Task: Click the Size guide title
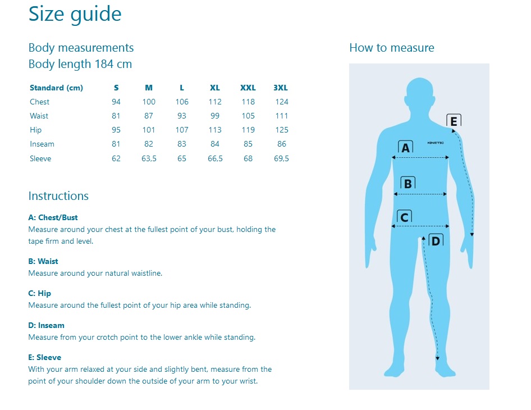(75, 14)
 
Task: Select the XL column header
(215, 88)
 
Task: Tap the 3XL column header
(281, 88)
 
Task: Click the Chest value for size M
(149, 102)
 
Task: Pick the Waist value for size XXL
(248, 116)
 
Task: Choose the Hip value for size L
(182, 130)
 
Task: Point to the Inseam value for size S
(116, 144)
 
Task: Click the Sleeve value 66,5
(215, 158)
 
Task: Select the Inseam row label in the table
(42, 144)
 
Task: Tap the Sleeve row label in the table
(40, 158)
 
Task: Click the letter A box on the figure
(405, 147)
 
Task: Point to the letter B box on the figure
(408, 183)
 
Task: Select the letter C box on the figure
(404, 217)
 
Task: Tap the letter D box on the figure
(436, 240)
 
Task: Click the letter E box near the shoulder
(454, 121)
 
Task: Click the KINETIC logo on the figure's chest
(436, 143)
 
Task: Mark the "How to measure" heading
(391, 48)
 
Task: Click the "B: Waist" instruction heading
(43, 261)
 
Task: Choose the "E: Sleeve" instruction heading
(45, 357)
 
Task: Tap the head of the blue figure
(420, 95)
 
